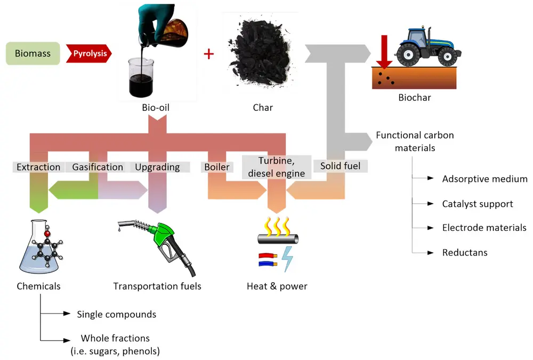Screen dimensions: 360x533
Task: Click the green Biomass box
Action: click(x=33, y=53)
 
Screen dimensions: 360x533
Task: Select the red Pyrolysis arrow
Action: click(x=89, y=53)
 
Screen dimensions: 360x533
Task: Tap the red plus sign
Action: click(x=208, y=53)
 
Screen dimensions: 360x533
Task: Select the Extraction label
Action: click(x=38, y=167)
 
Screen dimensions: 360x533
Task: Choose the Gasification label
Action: click(x=98, y=167)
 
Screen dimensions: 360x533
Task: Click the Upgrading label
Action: click(x=157, y=167)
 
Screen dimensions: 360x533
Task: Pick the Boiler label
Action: click(x=217, y=167)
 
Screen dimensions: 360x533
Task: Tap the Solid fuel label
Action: click(x=340, y=166)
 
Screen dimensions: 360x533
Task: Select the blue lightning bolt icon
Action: click(x=286, y=258)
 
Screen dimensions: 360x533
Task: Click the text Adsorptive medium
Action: click(x=484, y=179)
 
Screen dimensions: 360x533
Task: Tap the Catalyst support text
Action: click(x=478, y=204)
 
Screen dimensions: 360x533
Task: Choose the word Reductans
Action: click(x=465, y=252)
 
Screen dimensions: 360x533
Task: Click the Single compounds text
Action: click(x=117, y=314)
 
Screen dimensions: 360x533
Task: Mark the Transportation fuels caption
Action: click(x=157, y=286)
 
